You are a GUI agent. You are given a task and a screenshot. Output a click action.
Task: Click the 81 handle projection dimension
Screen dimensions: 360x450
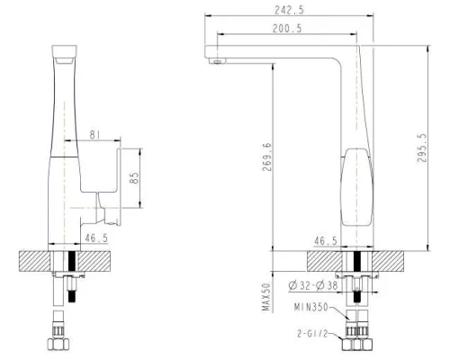[96, 136]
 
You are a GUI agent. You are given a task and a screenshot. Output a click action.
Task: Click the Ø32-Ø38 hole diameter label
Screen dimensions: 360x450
[315, 286]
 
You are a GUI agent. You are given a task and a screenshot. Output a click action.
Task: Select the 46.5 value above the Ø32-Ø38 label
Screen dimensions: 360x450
[327, 241]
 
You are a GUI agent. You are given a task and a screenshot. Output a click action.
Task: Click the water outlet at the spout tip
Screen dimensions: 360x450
[216, 61]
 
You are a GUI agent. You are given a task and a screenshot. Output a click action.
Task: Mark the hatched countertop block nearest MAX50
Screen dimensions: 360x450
[326, 261]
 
